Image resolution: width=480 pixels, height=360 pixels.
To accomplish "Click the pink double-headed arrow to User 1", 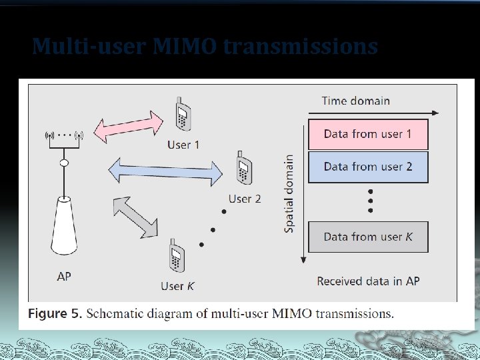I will [127, 126].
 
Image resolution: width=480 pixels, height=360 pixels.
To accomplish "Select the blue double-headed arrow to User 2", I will [164, 169].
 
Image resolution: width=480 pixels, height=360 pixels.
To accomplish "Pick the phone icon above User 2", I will [243, 168].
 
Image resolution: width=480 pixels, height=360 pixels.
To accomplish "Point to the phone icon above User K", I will [177, 256].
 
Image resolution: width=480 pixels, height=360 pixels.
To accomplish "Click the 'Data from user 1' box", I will [367, 134].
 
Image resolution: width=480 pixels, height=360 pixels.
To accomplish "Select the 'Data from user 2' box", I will [367, 167].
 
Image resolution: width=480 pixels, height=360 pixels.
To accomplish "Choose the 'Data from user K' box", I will [367, 237].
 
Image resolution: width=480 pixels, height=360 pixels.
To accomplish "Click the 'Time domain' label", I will [355, 101].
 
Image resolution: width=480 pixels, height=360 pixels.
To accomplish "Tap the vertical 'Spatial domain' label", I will [289, 193].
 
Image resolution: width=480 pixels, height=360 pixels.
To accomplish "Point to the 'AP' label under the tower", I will [64, 277].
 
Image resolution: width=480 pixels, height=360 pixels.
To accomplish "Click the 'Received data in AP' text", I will [368, 281].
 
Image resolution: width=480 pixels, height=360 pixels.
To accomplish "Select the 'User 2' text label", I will [245, 199].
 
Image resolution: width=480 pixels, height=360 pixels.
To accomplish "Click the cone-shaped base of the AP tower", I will [64, 227].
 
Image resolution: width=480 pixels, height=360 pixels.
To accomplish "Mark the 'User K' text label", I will [178, 286].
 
